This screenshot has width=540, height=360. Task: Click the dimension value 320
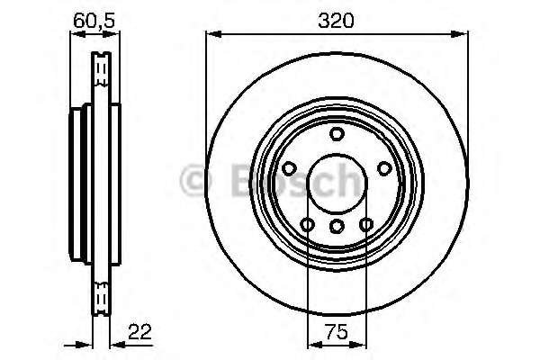tap(336, 21)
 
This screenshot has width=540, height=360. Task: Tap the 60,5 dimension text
tap(94, 21)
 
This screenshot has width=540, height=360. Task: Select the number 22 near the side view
tap(139, 332)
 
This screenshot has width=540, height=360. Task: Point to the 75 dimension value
tap(337, 332)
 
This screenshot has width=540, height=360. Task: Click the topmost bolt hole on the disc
tap(337, 134)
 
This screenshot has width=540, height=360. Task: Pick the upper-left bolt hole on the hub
tap(289, 168)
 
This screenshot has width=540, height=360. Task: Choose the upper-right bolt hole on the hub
tap(384, 168)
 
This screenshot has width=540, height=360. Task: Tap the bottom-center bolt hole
tap(337, 226)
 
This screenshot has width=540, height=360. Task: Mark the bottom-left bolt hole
tap(307, 225)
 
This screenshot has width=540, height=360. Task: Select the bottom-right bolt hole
tap(366, 225)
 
